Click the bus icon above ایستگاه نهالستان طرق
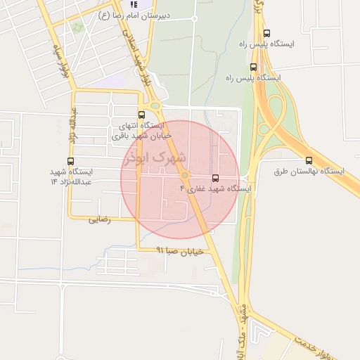point(309,160)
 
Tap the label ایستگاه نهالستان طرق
point(309,172)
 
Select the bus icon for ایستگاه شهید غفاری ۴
point(214,177)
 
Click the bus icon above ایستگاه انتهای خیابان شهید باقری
point(141,114)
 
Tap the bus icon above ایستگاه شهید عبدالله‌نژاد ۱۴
point(70,161)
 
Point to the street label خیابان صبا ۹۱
point(179,250)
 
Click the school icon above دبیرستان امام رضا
point(134,4)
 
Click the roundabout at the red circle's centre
point(184,174)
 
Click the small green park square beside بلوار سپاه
point(77,27)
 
